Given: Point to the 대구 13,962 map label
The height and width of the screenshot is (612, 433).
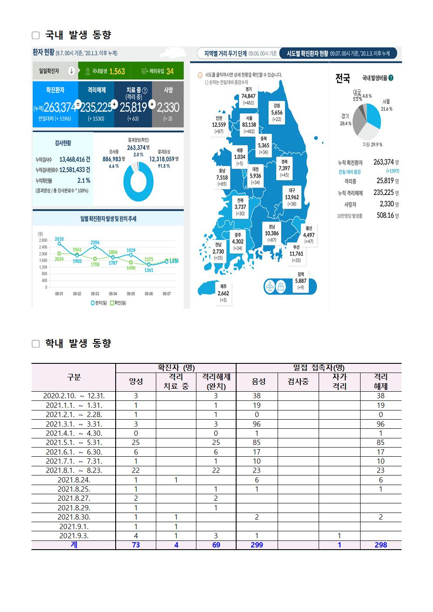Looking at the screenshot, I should point(292,197).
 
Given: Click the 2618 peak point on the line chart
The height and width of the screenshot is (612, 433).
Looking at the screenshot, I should point(59,244).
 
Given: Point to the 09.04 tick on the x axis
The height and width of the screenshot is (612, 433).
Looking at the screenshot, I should point(113,294).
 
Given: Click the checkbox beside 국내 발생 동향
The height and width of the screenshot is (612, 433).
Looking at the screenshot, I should point(36,35).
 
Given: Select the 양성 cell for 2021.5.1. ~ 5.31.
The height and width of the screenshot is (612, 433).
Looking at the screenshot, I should point(136,443).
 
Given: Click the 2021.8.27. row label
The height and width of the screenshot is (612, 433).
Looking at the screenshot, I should point(74,499).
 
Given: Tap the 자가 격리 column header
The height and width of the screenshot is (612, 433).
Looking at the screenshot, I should point(339,382).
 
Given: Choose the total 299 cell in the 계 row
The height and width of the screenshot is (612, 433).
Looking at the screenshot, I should point(257,545).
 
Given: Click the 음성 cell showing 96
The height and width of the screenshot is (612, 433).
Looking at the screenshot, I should point(257,424).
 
